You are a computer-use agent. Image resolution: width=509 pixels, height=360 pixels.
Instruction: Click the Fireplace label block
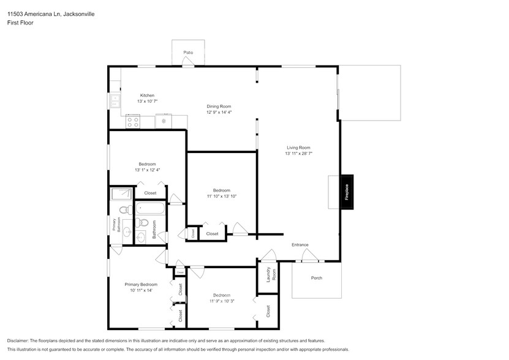coord(347,192)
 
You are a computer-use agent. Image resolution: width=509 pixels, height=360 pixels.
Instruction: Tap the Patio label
coord(189,53)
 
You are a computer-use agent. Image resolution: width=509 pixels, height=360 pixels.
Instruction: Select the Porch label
coord(317,278)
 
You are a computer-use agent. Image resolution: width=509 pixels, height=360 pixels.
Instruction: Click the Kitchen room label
coord(147,96)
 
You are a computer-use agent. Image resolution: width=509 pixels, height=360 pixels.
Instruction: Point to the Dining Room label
coord(219,107)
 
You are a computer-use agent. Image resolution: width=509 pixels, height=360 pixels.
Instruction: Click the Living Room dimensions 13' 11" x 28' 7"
coord(299,154)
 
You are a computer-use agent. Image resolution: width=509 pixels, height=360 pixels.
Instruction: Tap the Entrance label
coord(300,245)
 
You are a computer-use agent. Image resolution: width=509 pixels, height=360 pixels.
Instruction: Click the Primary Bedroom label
coord(141,284)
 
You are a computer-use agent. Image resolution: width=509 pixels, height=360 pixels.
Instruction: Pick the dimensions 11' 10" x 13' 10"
coord(222,196)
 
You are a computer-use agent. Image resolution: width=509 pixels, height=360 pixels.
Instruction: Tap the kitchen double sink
coord(115,100)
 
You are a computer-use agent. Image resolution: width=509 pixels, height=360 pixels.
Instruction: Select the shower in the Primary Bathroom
coord(121,194)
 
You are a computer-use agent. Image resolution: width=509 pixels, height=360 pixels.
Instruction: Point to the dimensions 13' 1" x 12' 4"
coord(147,170)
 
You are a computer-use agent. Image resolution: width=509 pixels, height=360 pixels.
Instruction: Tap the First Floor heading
coord(20,23)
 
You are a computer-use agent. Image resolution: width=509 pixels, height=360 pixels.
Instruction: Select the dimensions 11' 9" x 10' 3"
coord(222,301)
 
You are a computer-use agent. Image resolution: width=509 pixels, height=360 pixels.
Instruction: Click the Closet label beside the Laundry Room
coord(268,311)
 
